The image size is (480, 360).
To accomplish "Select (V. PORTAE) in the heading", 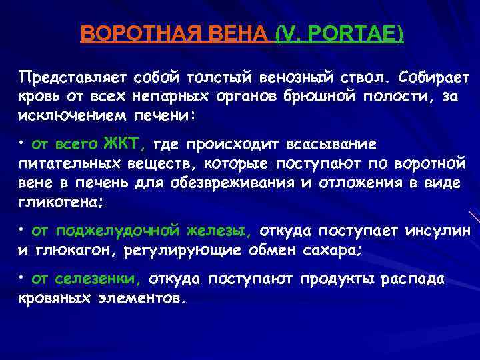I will tap(339, 34).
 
